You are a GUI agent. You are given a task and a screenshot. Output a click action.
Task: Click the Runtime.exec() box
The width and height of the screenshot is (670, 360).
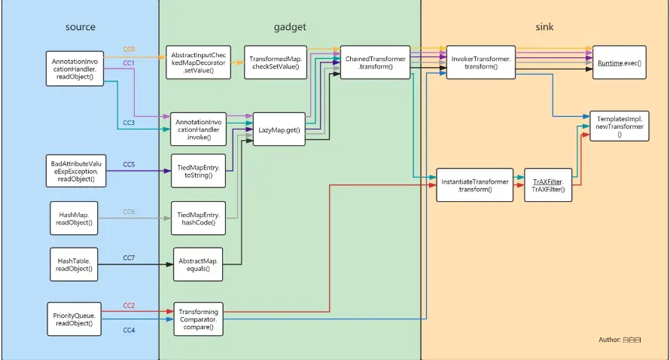click(619, 63)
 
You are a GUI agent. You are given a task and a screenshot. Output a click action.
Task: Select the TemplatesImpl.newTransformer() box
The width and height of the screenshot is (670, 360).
click(619, 126)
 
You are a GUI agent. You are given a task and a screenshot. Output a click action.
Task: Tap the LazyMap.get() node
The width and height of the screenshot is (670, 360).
click(279, 129)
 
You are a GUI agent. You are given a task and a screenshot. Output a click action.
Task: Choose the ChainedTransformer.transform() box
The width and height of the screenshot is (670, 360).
click(375, 63)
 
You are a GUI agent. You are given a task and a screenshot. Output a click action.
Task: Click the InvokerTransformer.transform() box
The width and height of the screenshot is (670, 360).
click(481, 63)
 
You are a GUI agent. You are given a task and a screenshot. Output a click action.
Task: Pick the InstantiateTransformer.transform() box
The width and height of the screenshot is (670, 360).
click(475, 185)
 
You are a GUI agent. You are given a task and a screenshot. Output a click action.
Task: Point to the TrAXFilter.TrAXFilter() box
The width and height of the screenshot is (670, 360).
click(548, 185)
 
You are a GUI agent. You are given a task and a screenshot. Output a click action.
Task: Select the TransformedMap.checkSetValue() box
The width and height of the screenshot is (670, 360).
click(276, 63)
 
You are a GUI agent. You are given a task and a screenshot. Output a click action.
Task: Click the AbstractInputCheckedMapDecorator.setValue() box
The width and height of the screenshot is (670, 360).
click(198, 63)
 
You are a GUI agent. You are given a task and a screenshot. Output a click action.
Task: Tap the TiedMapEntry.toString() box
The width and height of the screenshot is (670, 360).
click(198, 171)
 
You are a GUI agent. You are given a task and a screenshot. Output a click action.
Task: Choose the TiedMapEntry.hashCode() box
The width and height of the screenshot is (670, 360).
click(198, 218)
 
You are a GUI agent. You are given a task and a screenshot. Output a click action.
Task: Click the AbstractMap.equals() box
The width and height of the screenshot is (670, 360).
click(198, 264)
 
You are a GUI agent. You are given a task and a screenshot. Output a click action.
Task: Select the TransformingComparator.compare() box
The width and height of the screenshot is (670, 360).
click(198, 319)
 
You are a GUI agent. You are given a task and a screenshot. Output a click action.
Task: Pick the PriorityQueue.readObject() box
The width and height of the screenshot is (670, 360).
click(75, 319)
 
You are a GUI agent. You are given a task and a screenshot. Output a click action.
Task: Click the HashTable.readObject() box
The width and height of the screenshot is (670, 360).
click(74, 264)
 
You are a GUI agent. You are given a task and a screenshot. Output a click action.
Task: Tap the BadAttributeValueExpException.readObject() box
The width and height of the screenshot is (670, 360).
click(76, 171)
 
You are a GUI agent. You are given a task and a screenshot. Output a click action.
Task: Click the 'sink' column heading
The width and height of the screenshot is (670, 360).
click(544, 27)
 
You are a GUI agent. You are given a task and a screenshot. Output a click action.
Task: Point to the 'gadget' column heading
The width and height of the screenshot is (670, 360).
click(290, 27)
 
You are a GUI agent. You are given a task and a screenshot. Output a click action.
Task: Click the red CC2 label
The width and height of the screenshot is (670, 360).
click(129, 305)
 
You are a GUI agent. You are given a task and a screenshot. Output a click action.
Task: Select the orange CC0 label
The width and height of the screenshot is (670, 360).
click(129, 49)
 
